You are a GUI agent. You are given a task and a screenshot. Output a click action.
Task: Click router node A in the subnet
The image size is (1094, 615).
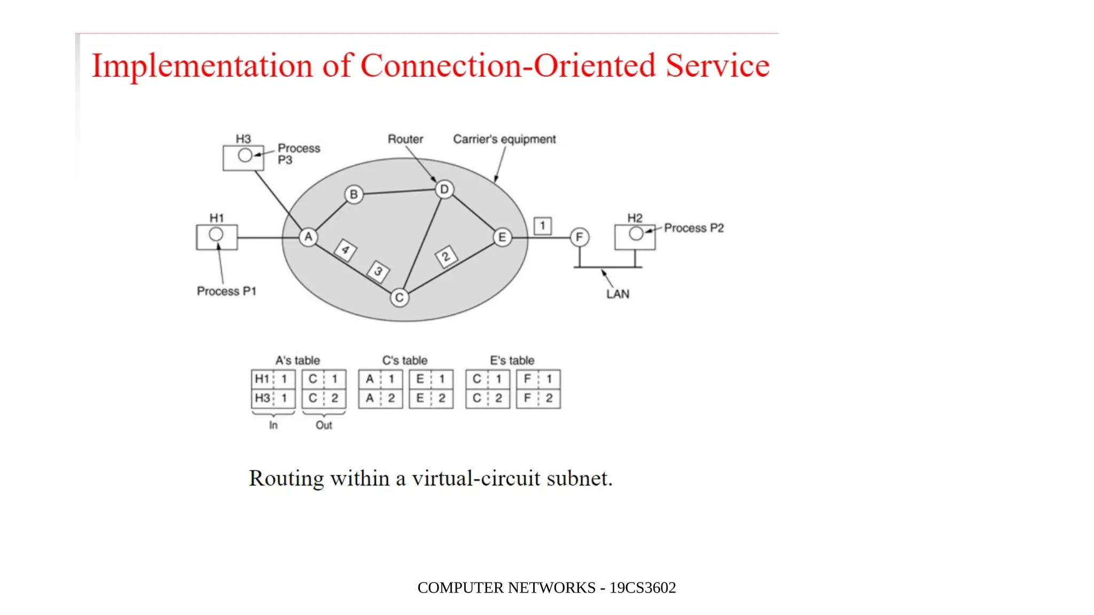coord(308,237)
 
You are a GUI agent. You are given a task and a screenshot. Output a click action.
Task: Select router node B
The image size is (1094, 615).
coord(354,194)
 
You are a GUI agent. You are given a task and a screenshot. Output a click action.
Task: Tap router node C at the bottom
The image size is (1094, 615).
coord(400,297)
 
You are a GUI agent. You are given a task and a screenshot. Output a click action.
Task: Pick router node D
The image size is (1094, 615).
coord(444,189)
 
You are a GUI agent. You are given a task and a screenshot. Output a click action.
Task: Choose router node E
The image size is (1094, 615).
coord(502,237)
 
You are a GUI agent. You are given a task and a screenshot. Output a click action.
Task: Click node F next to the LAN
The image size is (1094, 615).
coord(580,237)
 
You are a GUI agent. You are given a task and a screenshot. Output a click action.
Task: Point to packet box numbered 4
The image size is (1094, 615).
coord(346,250)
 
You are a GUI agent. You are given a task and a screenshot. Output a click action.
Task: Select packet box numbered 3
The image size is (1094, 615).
coord(378,271)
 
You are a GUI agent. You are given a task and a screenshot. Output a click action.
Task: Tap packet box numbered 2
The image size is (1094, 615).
coord(446,257)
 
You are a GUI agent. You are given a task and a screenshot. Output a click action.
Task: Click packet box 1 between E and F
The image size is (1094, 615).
coord(543,226)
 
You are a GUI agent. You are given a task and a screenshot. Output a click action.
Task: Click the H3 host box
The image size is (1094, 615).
coord(243,157)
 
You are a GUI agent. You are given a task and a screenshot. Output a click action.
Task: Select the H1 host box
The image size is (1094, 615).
coord(216,237)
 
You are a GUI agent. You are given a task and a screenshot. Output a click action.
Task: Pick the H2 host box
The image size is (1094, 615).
coord(635,237)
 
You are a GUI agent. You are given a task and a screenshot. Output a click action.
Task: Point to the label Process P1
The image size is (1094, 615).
coord(226,291)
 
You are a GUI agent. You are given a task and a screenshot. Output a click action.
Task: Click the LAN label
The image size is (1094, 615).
coord(618,294)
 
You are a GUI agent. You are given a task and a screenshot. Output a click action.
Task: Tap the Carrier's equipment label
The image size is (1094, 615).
coord(504,139)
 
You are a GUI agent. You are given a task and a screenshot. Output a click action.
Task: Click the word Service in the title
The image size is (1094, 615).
coord(717,66)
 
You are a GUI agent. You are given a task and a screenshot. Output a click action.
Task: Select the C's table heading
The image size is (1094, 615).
coord(404,360)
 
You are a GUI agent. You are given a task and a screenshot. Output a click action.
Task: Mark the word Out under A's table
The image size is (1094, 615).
coord(324,425)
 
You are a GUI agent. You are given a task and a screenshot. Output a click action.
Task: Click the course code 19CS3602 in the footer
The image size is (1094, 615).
coord(643,588)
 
